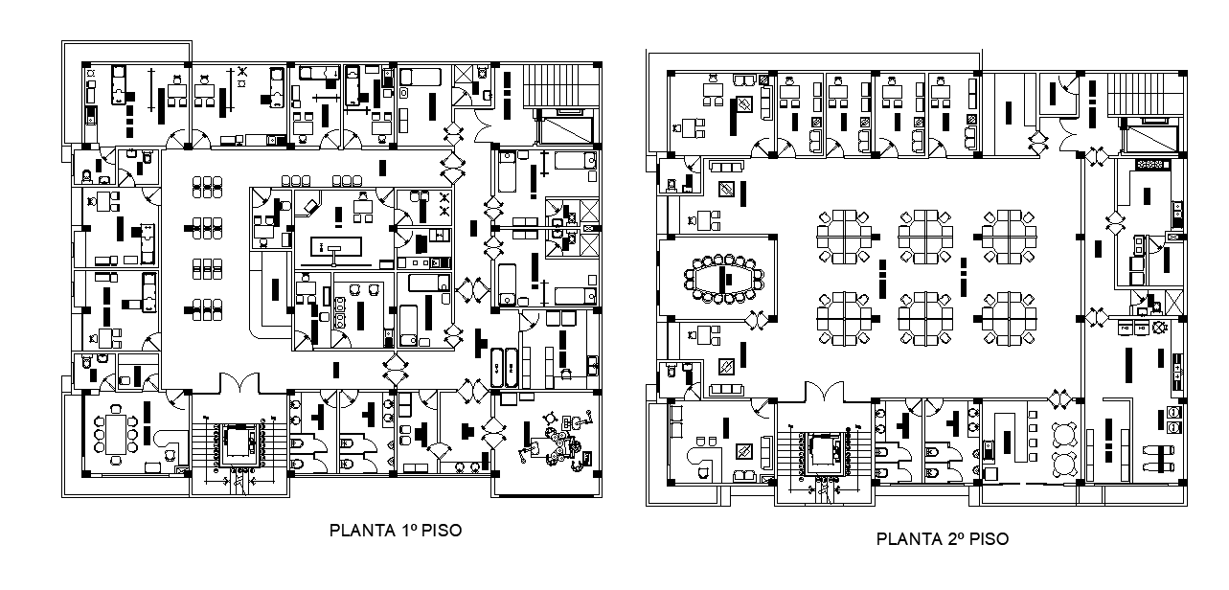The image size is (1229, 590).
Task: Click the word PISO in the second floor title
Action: [x=989, y=539]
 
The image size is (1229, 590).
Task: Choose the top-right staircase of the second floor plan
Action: [x=1142, y=94]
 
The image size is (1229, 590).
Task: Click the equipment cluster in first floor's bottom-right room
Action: [x=556, y=442]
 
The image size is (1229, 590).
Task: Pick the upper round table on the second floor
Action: [x=1064, y=433]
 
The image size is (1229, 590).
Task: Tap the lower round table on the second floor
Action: [x=1064, y=464]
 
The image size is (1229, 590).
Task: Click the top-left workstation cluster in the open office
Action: [x=845, y=236]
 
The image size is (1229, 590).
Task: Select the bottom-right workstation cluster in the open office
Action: [x=1010, y=317]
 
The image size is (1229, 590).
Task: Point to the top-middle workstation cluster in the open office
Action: [x=926, y=236]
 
